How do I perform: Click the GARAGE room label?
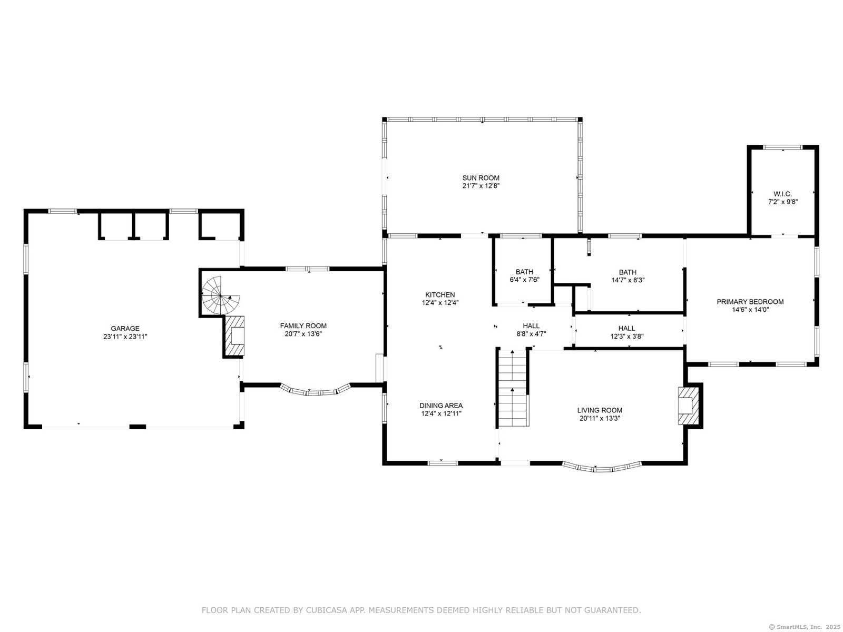[125, 328]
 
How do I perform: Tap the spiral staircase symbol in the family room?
[220, 295]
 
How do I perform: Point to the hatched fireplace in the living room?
[688, 405]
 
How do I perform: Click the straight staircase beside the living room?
[513, 388]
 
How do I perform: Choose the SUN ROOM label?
[481, 177]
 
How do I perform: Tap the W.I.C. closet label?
[782, 194]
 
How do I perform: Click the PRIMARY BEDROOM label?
[750, 302]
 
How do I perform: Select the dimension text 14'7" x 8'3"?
[628, 280]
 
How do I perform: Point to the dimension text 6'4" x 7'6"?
[524, 280]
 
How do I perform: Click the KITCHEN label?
[440, 295]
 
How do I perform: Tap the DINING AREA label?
[441, 405]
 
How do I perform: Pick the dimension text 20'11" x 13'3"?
[600, 418]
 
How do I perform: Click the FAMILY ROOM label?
[303, 326]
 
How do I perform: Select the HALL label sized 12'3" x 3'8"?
[626, 328]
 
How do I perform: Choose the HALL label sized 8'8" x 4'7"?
[531, 326]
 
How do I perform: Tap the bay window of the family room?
[315, 391]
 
